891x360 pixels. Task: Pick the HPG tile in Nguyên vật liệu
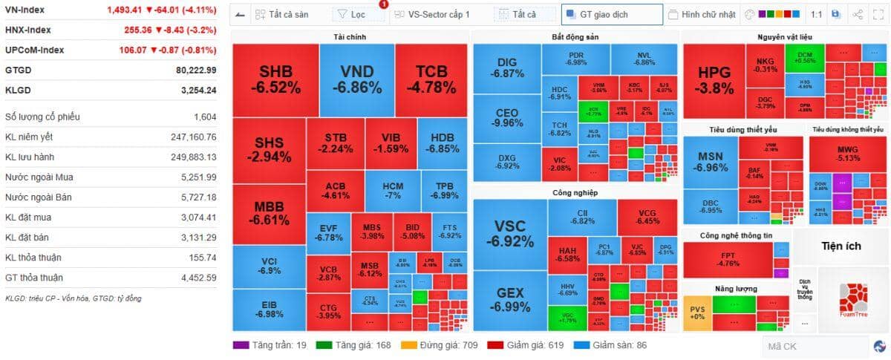[x=714, y=80]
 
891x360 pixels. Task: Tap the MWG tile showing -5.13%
[x=847, y=153]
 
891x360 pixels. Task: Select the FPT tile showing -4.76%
[x=728, y=259]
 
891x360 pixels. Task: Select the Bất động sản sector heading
[x=575, y=37]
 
